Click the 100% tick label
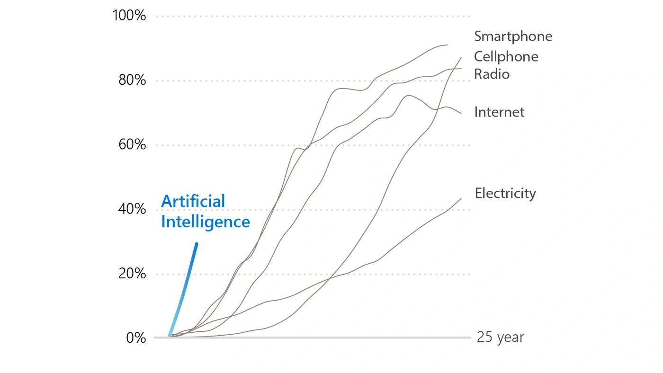(129, 16)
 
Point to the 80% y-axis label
(132, 80)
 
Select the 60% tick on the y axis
(132, 145)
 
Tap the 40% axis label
(132, 209)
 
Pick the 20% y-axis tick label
(132, 274)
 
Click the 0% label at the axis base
(136, 338)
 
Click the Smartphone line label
(513, 36)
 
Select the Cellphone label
(506, 57)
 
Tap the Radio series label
(492, 74)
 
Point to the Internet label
(499, 112)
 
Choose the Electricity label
(505, 193)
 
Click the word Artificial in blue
(193, 201)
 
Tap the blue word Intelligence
(205, 222)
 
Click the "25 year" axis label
(500, 337)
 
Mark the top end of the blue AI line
(197, 244)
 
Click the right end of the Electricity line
(461, 198)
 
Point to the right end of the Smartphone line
(447, 45)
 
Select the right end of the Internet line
(461, 113)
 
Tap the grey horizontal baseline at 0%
(313, 338)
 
